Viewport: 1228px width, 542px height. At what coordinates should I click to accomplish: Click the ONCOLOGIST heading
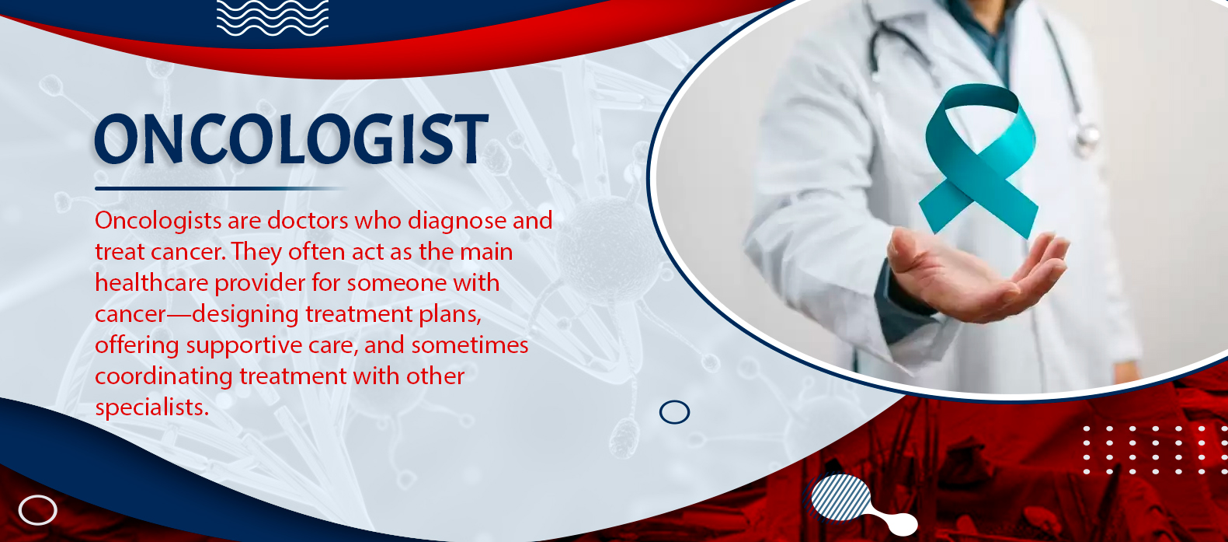tap(291, 139)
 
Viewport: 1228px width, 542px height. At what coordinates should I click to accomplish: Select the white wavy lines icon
tap(273, 18)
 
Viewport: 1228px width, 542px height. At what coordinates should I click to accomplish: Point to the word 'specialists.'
tap(152, 408)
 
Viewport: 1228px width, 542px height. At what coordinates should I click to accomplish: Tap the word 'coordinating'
tap(164, 377)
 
